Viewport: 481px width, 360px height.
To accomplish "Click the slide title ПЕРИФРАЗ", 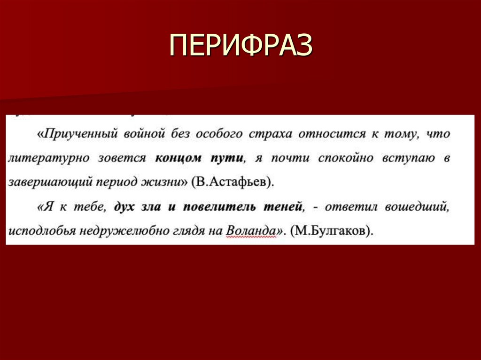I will [240, 46].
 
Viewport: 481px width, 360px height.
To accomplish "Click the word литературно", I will [47, 158].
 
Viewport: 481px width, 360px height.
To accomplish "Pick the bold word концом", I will [178, 158].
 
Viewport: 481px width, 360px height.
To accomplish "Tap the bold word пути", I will [227, 158].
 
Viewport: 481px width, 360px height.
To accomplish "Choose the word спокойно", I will [343, 158].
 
